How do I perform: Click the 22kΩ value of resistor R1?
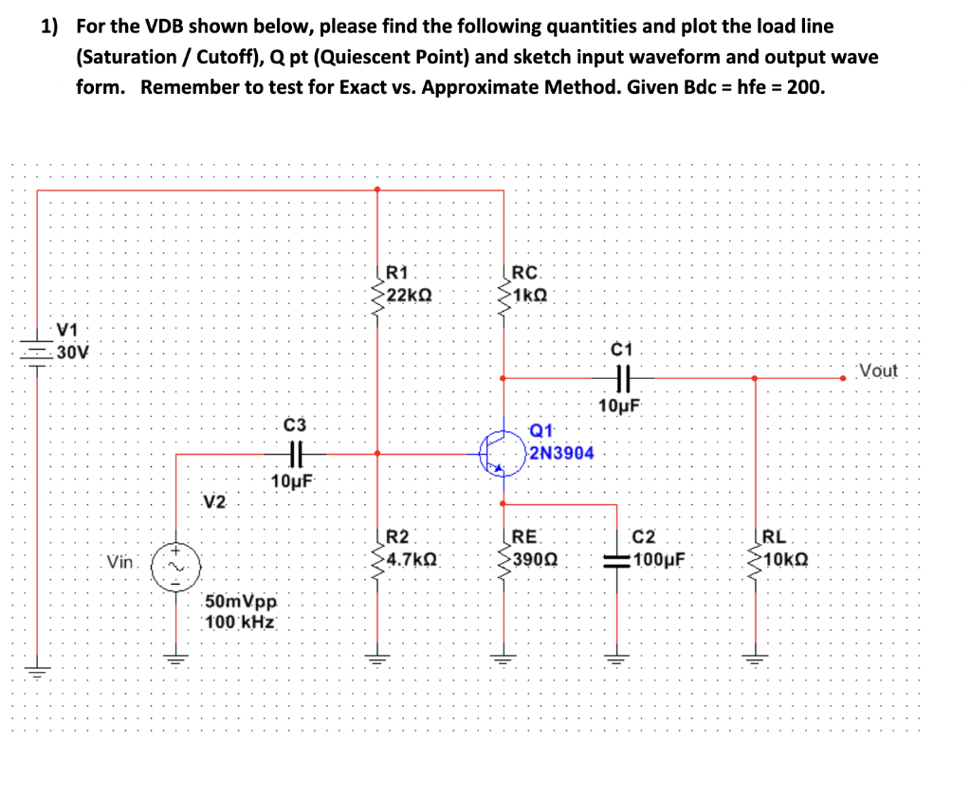411,295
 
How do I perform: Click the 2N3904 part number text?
561,453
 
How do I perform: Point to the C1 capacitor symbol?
622,378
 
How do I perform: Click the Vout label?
877,370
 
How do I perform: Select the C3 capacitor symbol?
294,453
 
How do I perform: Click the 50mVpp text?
242,603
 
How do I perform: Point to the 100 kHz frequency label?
241,623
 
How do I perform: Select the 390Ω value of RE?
533,558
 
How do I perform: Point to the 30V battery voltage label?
72,352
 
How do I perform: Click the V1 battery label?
67,331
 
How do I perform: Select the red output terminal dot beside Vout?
843,378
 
